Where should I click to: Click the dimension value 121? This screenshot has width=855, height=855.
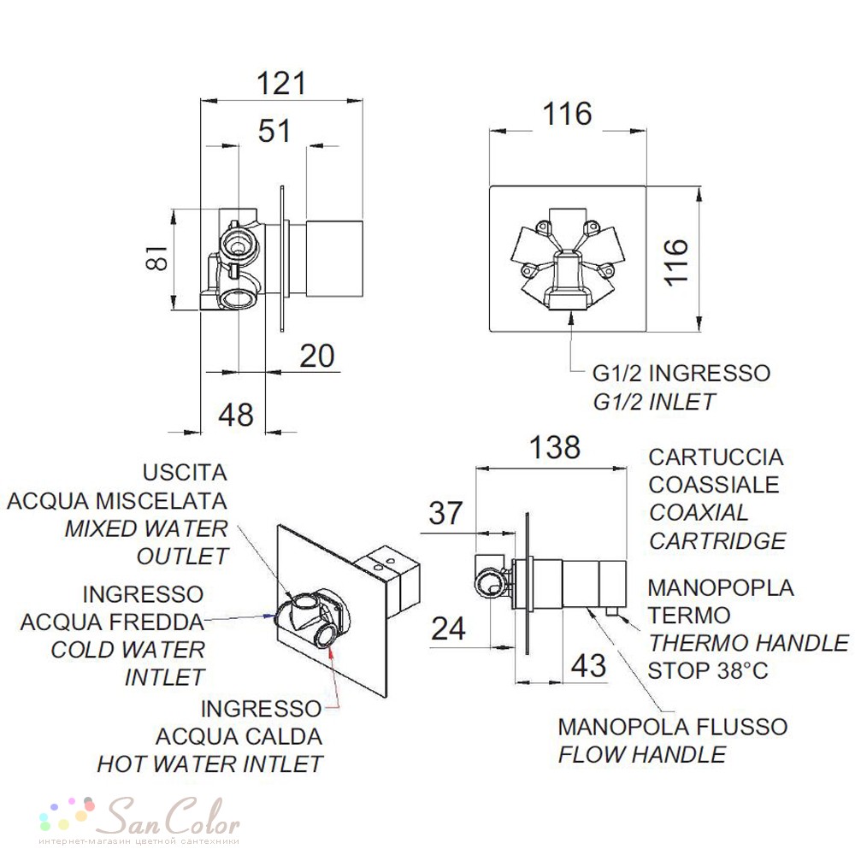click(x=281, y=84)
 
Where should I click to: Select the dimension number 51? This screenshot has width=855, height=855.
click(x=274, y=131)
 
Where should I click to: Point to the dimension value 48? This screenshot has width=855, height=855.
click(x=236, y=415)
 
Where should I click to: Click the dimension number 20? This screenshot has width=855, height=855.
click(x=317, y=356)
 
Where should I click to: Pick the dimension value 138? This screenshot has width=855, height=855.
click(x=555, y=447)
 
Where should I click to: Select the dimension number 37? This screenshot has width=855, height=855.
click(x=445, y=513)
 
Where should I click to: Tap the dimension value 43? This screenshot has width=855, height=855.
click(x=588, y=665)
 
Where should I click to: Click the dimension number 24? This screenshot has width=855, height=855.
click(x=448, y=628)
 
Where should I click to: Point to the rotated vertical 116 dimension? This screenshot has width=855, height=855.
click(x=676, y=262)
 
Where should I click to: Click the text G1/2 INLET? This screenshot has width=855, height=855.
click(x=653, y=403)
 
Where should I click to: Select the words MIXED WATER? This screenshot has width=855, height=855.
click(x=146, y=528)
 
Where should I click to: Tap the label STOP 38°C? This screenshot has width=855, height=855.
click(x=708, y=670)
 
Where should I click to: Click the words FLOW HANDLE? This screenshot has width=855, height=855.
click(x=642, y=755)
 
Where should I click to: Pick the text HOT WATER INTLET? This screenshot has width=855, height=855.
click(x=210, y=764)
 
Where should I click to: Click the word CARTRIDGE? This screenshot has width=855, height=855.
click(x=717, y=541)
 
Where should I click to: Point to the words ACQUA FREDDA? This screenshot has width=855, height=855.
click(x=112, y=622)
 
